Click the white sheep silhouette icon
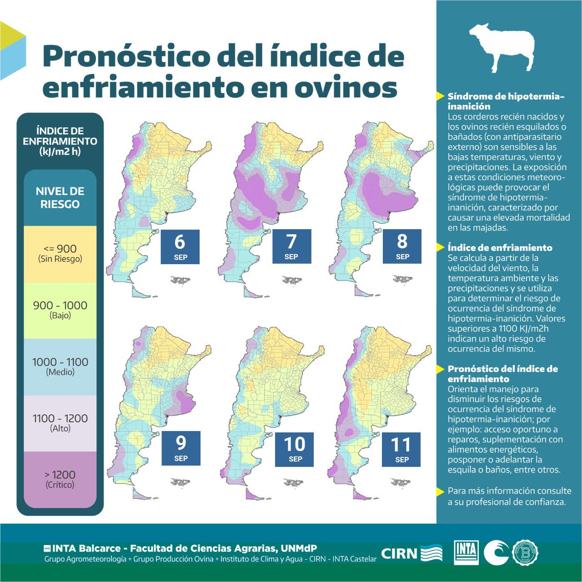(502, 47)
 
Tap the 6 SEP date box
(180, 246)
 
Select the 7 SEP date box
(291, 246)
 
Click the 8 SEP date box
(402, 246)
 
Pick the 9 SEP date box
(181, 448)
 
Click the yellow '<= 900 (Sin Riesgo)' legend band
(60, 254)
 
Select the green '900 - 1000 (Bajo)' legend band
(60, 310)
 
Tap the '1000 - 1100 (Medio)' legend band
(60, 366)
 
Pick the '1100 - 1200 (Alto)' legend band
(60, 423)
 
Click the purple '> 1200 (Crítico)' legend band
(60, 479)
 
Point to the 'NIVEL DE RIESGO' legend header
(60, 197)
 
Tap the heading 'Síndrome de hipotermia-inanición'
(506, 101)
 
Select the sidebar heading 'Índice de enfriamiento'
(500, 248)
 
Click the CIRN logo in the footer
(412, 553)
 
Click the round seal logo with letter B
(526, 552)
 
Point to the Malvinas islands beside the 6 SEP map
(181, 280)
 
